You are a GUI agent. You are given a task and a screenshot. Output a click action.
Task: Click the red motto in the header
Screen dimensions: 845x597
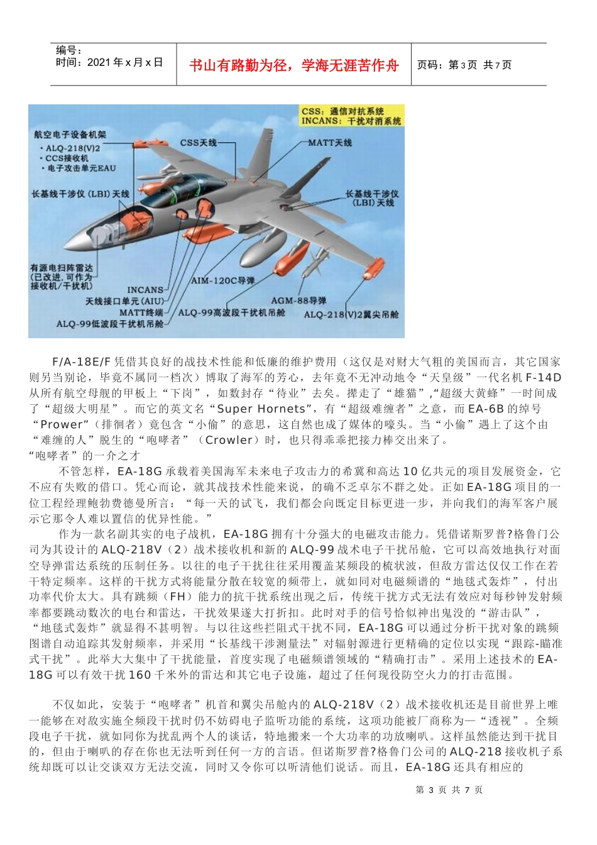point(293,65)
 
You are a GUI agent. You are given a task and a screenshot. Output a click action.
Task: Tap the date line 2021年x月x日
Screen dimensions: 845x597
point(109,62)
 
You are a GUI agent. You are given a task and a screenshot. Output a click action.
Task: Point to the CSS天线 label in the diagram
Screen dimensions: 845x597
point(198,143)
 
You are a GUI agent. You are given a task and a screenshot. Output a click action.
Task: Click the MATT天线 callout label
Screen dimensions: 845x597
point(330,143)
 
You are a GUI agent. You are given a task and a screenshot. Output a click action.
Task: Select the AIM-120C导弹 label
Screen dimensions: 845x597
point(223,280)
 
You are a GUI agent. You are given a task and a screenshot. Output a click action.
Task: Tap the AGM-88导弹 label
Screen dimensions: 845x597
point(298,301)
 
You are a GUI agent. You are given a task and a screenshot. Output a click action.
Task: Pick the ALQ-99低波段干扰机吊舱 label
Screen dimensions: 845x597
point(110,324)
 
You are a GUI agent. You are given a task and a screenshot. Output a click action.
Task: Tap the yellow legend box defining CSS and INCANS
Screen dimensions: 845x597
point(351,116)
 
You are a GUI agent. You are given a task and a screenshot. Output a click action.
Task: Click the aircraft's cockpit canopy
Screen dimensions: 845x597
point(182,189)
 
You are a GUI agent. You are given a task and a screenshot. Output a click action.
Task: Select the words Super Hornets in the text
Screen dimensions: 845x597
point(260,409)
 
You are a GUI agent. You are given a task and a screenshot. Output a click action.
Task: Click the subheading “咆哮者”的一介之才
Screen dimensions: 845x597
point(85,455)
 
